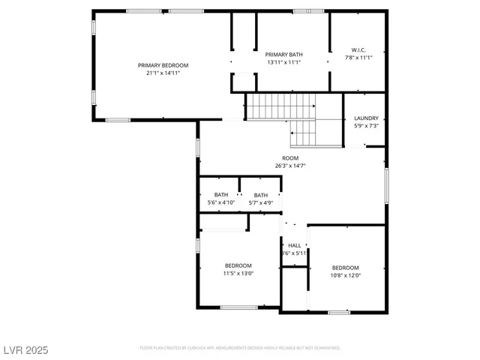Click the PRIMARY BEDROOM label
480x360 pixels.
click(163, 65)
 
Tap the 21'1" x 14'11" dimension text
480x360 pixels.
click(163, 73)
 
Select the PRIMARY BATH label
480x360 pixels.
click(284, 55)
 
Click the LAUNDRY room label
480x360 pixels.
click(366, 118)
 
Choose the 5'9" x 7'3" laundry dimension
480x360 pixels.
click(366, 125)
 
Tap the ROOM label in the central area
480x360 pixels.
click(290, 157)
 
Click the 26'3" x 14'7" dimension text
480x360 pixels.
click(290, 165)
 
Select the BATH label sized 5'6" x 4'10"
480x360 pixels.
click(221, 194)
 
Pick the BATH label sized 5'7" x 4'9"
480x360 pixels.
click(260, 194)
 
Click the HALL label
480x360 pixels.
click(295, 245)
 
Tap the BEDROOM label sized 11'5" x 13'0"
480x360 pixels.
click(238, 265)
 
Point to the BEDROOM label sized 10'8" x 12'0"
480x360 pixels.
click(346, 268)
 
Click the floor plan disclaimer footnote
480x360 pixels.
click(239, 348)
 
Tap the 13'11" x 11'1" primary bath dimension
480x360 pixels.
click(284, 62)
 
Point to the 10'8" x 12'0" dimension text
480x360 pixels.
click(346, 275)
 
